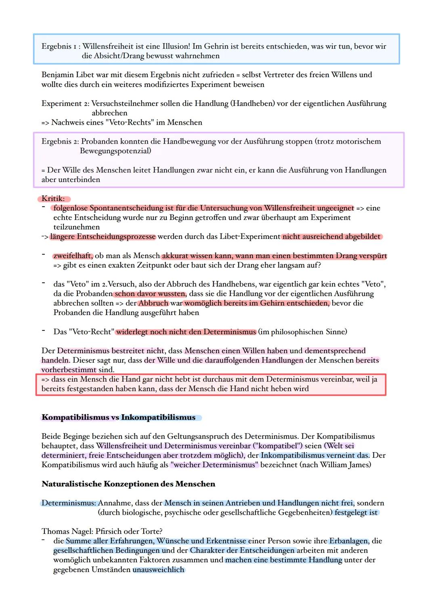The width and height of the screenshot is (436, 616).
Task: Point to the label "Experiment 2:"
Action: click(x=65, y=103)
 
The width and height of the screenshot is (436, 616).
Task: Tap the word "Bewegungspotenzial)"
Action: click(x=115, y=151)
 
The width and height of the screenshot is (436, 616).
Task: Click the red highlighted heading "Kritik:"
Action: click(x=53, y=198)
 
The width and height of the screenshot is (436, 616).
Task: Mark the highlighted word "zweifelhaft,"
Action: click(x=73, y=256)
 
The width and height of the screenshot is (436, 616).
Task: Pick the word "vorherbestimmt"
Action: click(x=69, y=370)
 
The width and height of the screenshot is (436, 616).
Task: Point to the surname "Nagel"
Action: click(x=82, y=531)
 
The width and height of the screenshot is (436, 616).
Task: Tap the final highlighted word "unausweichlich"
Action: click(x=159, y=570)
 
